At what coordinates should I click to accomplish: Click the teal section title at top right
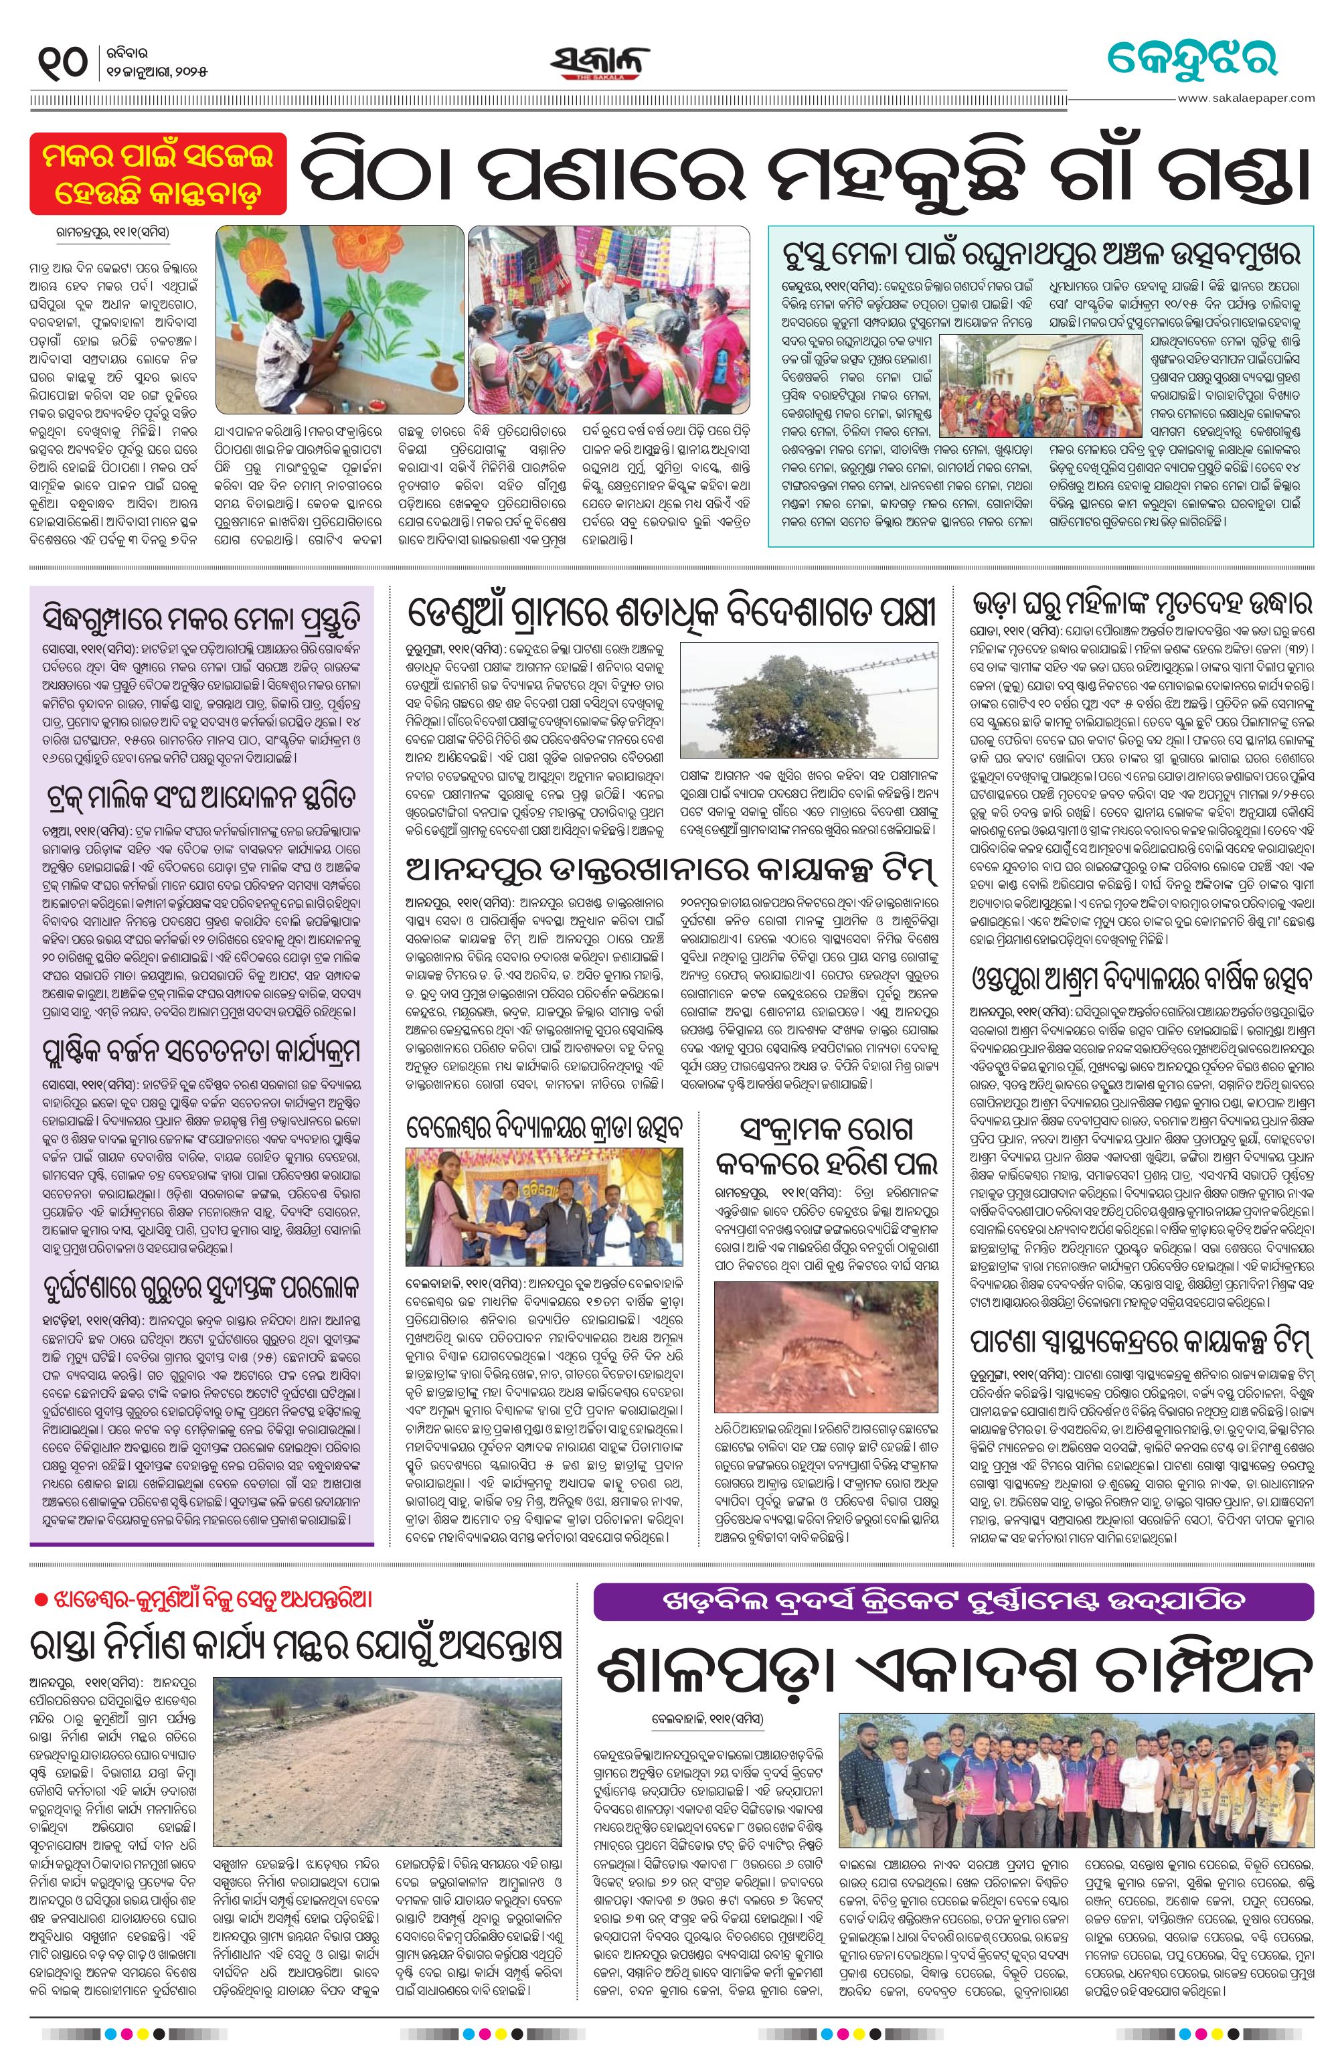click(x=1191, y=60)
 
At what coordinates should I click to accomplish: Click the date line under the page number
click(x=159, y=70)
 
